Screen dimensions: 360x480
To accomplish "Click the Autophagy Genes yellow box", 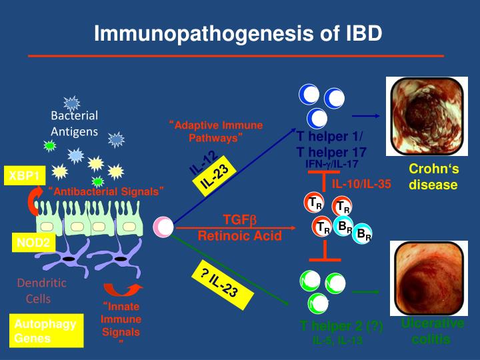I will coord(46,331).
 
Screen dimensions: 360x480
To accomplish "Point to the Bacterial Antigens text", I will coord(74,123).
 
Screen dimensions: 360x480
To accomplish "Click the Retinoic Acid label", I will coord(239,235).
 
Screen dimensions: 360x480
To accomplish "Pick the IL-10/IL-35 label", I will coord(362,183).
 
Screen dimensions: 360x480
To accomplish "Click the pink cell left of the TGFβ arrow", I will coord(163,227).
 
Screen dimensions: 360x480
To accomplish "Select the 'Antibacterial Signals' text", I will coord(107,192).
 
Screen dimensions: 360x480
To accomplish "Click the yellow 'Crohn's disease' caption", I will coord(433,177).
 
